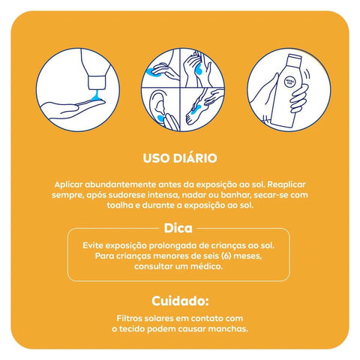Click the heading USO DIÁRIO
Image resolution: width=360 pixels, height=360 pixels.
pos(180,158)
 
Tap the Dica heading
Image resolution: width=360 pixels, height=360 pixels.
pos(178,228)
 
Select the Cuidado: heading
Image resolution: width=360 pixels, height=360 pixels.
pos(180,301)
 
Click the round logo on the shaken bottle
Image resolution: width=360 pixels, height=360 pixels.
pos(289,82)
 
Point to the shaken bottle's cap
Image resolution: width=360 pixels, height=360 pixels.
pos(294,59)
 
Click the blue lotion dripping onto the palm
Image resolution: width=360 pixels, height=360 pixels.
pos(96,97)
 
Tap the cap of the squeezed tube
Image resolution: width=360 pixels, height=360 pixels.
pos(97,82)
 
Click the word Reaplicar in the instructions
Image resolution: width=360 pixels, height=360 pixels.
pos(286,184)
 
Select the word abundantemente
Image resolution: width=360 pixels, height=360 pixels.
pos(120,184)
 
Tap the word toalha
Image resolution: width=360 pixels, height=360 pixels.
pos(120,205)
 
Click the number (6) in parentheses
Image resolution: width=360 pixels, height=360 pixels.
pos(226,256)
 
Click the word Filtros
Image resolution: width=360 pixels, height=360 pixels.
pos(128,318)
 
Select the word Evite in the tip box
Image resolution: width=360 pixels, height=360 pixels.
pos(93,245)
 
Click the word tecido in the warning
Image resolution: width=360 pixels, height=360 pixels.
pos(132,328)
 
